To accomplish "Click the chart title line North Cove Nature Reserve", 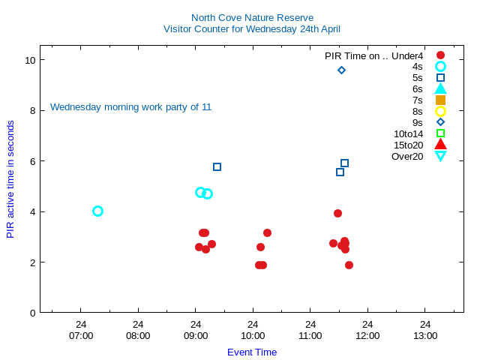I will tap(252, 17).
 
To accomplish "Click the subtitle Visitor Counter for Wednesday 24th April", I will tap(252, 29).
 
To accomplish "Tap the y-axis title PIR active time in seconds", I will tap(10, 179).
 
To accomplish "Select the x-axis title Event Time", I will tap(252, 352).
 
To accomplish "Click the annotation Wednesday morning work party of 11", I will tap(130, 107).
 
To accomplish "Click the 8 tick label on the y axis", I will tap(30, 110).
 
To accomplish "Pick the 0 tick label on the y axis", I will tap(30, 313).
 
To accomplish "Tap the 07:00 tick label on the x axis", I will tap(81, 335).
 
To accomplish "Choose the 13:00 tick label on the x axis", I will tap(425, 335).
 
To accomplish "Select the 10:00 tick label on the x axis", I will tap(253, 335).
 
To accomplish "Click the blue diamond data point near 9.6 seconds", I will tap(341, 70).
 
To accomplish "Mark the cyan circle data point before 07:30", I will tap(97, 211).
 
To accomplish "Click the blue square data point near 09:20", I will tap(217, 166).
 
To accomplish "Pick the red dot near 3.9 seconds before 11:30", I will tap(337, 213).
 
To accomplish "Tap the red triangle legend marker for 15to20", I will tap(440, 145).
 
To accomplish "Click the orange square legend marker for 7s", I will tap(440, 100).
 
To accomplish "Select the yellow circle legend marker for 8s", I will tap(440, 111).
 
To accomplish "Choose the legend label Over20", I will tap(407, 156).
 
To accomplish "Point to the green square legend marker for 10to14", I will tap(440, 133).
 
